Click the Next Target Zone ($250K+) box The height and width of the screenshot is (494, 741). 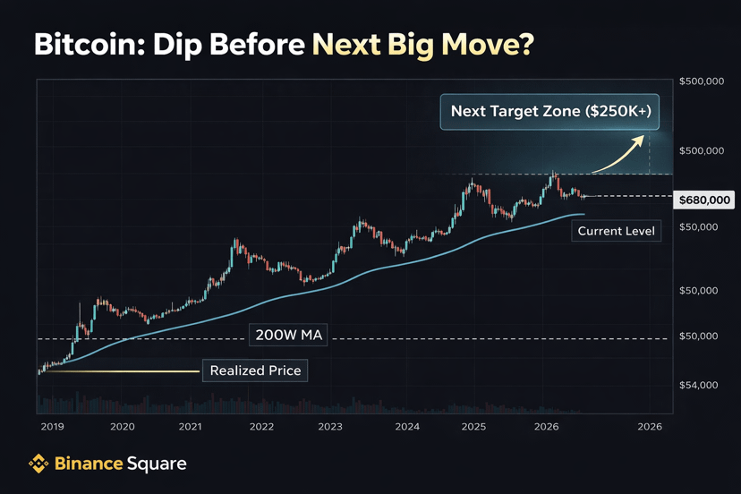tap(549, 112)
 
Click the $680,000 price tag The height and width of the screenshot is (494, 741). tap(704, 200)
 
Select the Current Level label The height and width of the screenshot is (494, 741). tap(616, 231)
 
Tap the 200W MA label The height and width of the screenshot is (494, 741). tap(288, 336)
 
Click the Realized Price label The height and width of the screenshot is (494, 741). tap(255, 370)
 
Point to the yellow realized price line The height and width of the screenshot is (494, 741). tap(122, 371)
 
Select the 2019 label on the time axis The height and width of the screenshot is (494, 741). tap(53, 427)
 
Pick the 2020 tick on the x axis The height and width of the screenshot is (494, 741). tap(123, 427)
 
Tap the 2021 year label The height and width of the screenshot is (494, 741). tap(190, 427)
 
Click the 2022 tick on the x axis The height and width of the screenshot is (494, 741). tap(262, 427)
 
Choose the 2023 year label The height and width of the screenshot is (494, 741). tap(330, 427)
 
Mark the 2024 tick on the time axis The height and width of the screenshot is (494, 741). tap(407, 427)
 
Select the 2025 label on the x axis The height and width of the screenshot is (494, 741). tap(473, 427)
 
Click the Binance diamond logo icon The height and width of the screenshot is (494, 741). tap(38, 464)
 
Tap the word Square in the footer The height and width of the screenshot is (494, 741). tap(157, 464)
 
